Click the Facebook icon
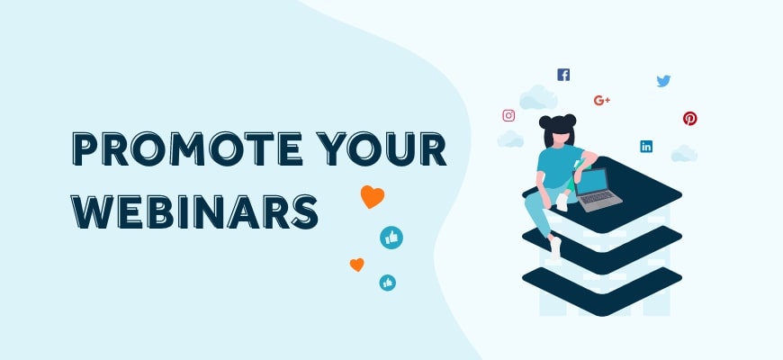click(x=563, y=75)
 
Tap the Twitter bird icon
click(x=663, y=81)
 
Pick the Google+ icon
click(x=602, y=100)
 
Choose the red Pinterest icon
click(x=690, y=118)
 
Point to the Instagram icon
click(x=508, y=115)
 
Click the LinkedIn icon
click(x=646, y=146)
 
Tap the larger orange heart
click(x=372, y=196)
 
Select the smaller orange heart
click(x=356, y=265)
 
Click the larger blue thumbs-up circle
click(x=391, y=238)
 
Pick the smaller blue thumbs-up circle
click(x=387, y=283)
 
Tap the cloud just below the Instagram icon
click(x=510, y=139)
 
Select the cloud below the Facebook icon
click(x=538, y=97)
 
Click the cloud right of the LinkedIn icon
click(x=684, y=153)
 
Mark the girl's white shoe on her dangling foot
click(x=555, y=248)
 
